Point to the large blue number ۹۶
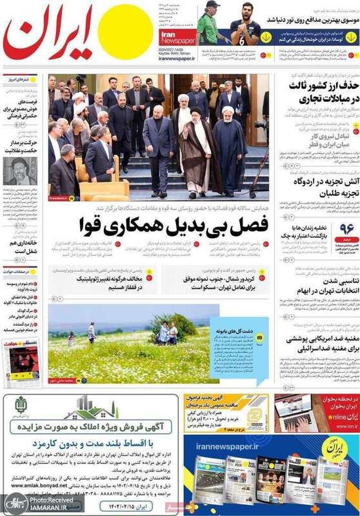(x=347, y=230)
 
